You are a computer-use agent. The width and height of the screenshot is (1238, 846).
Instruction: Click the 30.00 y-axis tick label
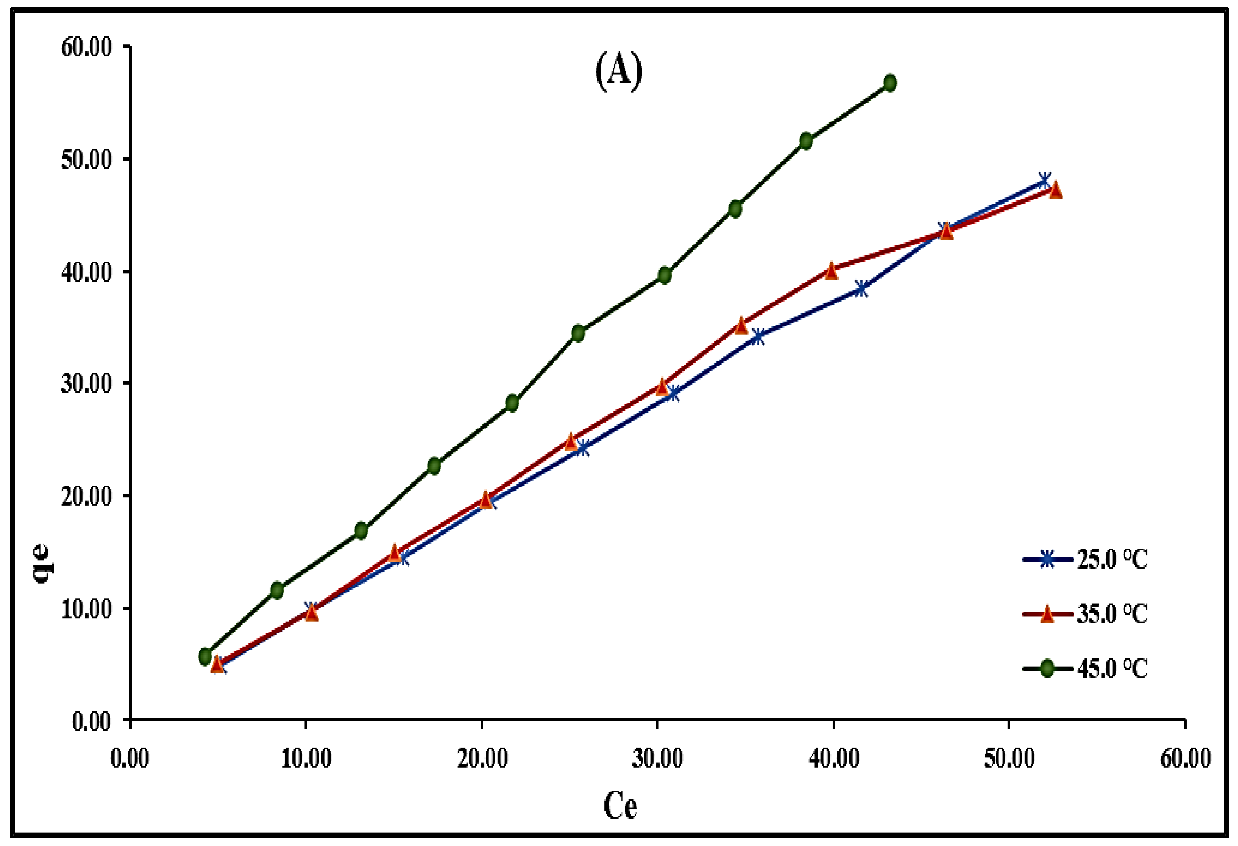87,383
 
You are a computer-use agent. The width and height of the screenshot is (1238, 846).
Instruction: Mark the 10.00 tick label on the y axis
87,609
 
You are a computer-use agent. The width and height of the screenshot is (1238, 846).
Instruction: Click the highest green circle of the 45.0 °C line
890,83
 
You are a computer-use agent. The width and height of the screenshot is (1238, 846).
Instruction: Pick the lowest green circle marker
205,656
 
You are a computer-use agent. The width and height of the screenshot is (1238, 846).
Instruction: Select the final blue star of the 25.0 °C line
1044,181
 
